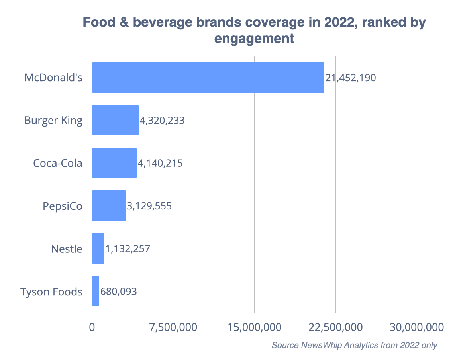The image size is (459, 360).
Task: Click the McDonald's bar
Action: pyautogui.click(x=208, y=77)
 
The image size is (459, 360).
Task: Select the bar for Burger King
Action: pyautogui.click(x=115, y=120)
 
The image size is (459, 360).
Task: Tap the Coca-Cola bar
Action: pyautogui.click(x=114, y=163)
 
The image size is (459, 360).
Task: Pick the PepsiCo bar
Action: pyautogui.click(x=109, y=205)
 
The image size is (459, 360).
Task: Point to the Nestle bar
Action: pyautogui.click(x=98, y=248)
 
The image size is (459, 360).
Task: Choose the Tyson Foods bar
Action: pyautogui.click(x=96, y=291)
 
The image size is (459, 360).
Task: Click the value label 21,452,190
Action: pyautogui.click(x=350, y=78)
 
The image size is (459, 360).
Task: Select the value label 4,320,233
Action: pyautogui.click(x=162, y=120)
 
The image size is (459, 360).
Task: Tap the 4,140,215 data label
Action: pyautogui.click(x=160, y=163)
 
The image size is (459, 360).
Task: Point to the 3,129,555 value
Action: pyautogui.click(x=149, y=206)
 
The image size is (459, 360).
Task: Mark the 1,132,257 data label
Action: pyautogui.click(x=127, y=249)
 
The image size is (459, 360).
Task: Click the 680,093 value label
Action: pyautogui.click(x=119, y=292)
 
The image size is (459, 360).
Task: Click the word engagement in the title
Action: pyautogui.click(x=254, y=39)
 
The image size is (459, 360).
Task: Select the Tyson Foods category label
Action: pyautogui.click(x=51, y=292)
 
